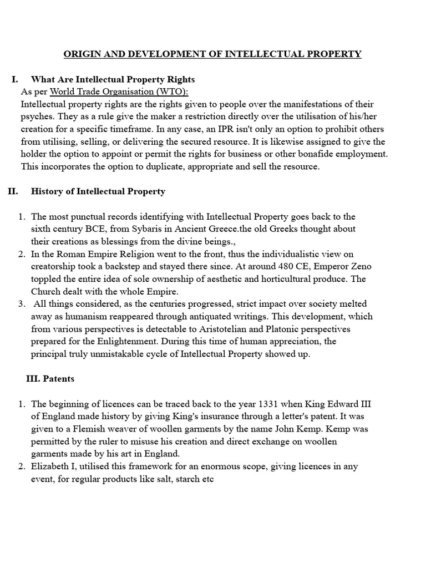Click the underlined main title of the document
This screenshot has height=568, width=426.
tap(212, 54)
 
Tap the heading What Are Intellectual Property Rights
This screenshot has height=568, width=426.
tap(113, 79)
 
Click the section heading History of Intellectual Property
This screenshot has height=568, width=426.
tap(98, 191)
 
